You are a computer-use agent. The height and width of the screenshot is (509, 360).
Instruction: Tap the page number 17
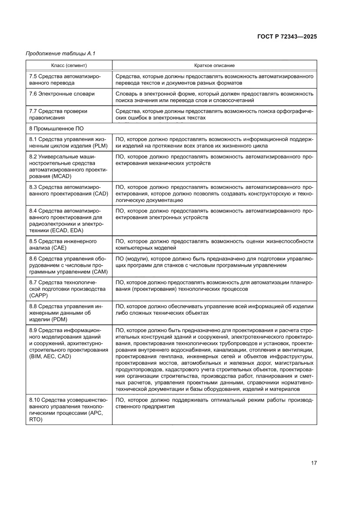313,462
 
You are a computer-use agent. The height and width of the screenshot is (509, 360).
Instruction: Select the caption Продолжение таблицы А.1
60,54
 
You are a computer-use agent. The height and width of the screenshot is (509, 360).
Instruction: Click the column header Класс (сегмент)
69,65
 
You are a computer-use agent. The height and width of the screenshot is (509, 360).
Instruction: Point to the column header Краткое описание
214,65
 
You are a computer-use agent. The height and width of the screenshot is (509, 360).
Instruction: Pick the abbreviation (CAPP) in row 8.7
40,295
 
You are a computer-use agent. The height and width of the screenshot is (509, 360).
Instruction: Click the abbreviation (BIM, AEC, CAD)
50,356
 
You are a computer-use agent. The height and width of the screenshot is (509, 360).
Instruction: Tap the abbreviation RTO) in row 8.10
37,420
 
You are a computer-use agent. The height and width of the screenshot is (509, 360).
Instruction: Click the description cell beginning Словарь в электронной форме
214,97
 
